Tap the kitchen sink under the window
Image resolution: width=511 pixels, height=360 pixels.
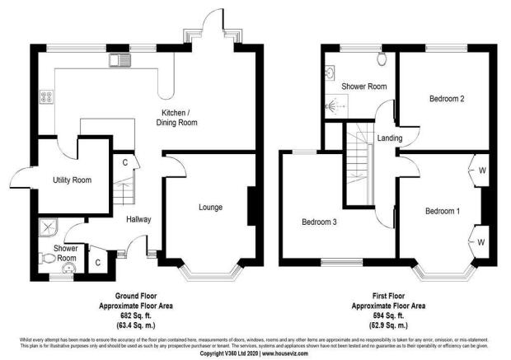[119, 59]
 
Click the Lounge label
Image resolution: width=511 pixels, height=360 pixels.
[209, 207]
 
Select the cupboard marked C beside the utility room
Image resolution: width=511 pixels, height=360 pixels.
[124, 162]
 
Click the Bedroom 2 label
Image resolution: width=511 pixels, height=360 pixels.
[447, 99]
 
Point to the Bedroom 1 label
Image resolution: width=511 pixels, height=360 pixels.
[442, 212]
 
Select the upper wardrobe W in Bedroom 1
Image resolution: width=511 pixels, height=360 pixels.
[481, 172]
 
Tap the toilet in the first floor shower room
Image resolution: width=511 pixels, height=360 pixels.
[382, 59]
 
